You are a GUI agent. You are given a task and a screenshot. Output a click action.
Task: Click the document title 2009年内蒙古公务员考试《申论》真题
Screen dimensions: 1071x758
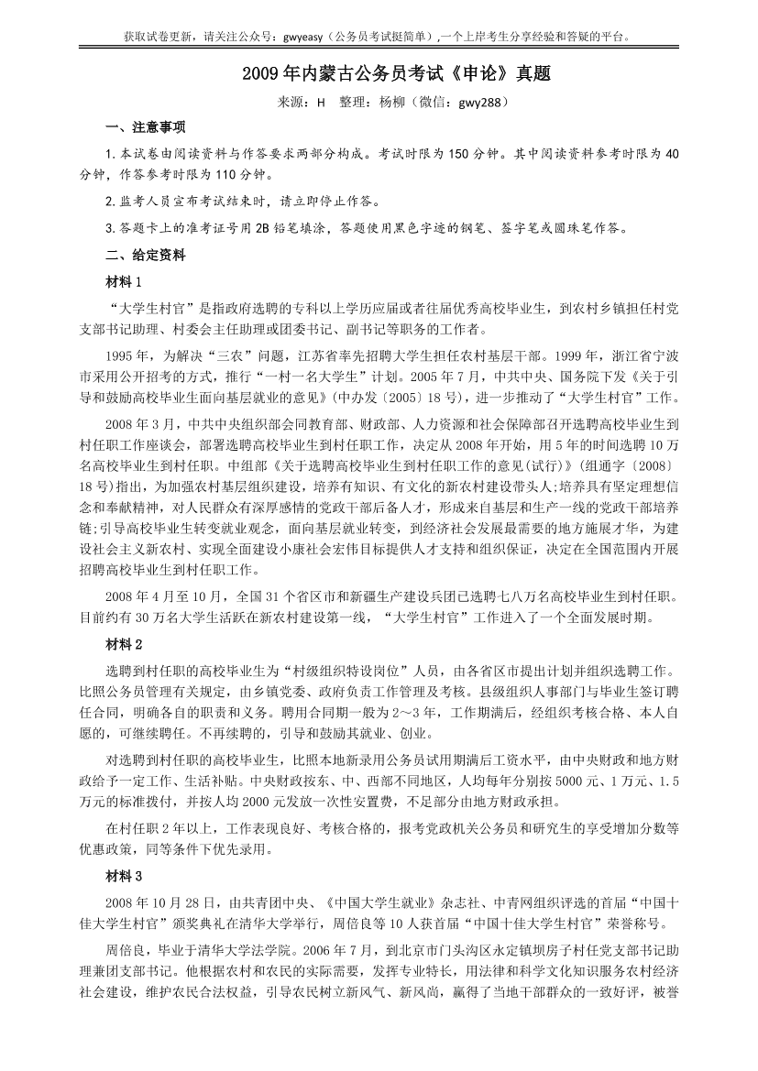tap(379, 73)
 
